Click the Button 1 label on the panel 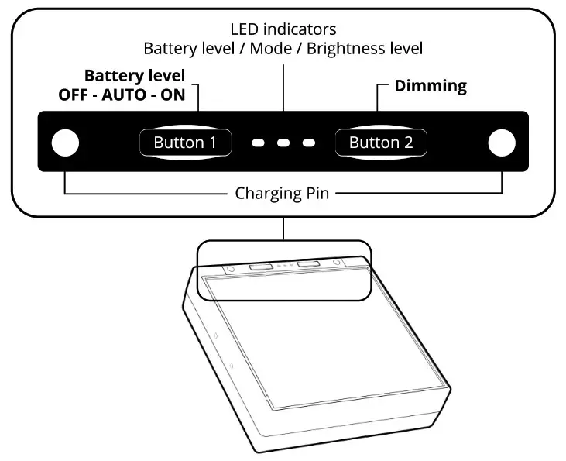184,143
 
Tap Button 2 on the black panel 380,143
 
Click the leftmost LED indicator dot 259,143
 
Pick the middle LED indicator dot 284,143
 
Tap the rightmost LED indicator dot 309,143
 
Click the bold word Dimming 431,86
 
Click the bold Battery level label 135,76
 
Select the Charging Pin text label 282,193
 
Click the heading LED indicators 283,29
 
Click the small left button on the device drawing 259,266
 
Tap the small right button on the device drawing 308,264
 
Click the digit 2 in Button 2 407,143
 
